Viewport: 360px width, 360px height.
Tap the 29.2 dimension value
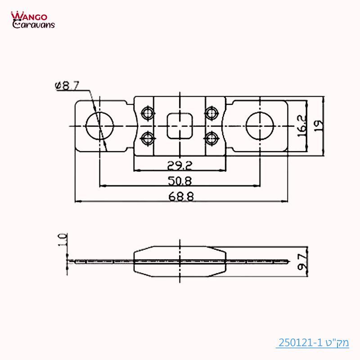(180, 166)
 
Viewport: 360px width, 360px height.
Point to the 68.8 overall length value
(180, 197)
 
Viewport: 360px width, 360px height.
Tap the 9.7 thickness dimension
(302, 261)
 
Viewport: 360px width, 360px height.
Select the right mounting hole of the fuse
(260, 126)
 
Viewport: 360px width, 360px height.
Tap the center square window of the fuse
(180, 126)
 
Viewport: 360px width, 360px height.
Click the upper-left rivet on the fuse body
(147, 112)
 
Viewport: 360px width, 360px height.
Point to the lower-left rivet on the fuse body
(147, 137)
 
